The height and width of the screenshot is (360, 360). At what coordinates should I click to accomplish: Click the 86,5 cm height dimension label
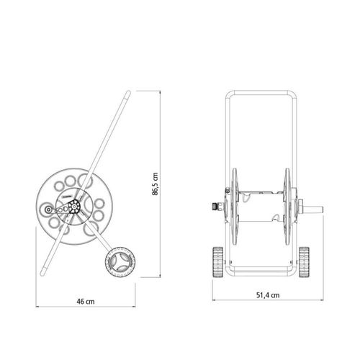pos(156,184)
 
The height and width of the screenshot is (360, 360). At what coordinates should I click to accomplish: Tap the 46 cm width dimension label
pos(86,302)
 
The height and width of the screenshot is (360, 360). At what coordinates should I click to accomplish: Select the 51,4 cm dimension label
pos(268,295)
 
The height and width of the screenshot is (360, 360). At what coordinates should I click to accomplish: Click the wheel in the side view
pos(120,263)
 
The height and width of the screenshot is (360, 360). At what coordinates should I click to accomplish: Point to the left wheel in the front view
pos(218,262)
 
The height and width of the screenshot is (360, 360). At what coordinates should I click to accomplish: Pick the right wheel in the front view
pos(304,262)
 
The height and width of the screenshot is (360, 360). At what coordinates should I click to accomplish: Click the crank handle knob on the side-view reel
pos(48,210)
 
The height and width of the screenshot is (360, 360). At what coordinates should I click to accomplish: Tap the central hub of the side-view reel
pos(74,207)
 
